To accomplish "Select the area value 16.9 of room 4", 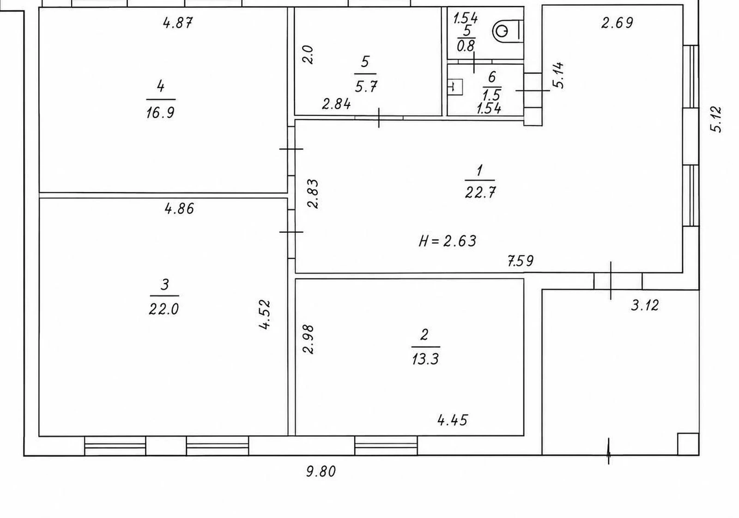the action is pyautogui.click(x=160, y=113).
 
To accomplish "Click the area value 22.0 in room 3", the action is pyautogui.click(x=164, y=309).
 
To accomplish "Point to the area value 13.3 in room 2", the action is pyautogui.click(x=425, y=358).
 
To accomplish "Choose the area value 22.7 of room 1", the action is pyautogui.click(x=480, y=192).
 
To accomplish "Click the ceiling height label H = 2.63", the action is pyautogui.click(x=448, y=241).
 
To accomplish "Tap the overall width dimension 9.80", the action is pyautogui.click(x=321, y=471).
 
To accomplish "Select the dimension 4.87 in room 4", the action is pyautogui.click(x=178, y=23).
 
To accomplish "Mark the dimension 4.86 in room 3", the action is pyautogui.click(x=179, y=209).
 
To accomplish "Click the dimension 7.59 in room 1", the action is pyautogui.click(x=520, y=261).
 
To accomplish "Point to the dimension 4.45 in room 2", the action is pyautogui.click(x=453, y=420).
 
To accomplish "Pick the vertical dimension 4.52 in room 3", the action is pyautogui.click(x=265, y=314).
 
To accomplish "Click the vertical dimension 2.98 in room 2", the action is pyautogui.click(x=309, y=339).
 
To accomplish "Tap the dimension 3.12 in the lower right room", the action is pyautogui.click(x=645, y=305).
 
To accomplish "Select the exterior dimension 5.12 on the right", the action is pyautogui.click(x=716, y=120).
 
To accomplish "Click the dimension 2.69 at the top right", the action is pyautogui.click(x=617, y=23).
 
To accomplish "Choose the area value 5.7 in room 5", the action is pyautogui.click(x=366, y=87).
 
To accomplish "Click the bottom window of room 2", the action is pyautogui.click(x=386, y=446).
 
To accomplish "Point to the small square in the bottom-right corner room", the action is pyautogui.click(x=688, y=444).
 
